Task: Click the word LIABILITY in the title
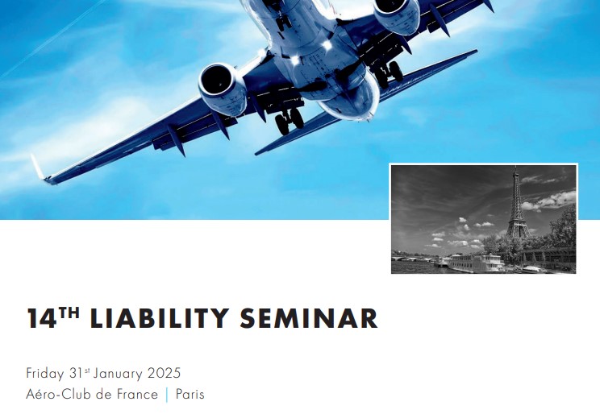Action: pyautogui.click(x=160, y=318)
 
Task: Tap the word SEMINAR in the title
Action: pyautogui.click(x=309, y=318)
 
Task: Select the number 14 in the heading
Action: pyautogui.click(x=42, y=318)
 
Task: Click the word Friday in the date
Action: pyautogui.click(x=44, y=374)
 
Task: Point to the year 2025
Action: pyautogui.click(x=164, y=373)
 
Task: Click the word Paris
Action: pyautogui.click(x=190, y=394)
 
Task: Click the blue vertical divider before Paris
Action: pyautogui.click(x=167, y=395)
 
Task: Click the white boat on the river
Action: pyautogui.click(x=476, y=263)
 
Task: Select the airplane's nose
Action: pyautogui.click(x=351, y=102)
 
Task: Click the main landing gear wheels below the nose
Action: pyautogui.click(x=290, y=121)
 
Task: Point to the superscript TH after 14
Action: pyautogui.click(x=69, y=313)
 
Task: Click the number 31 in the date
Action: pyautogui.click(x=77, y=373)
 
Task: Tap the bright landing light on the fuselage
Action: pyautogui.click(x=327, y=45)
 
